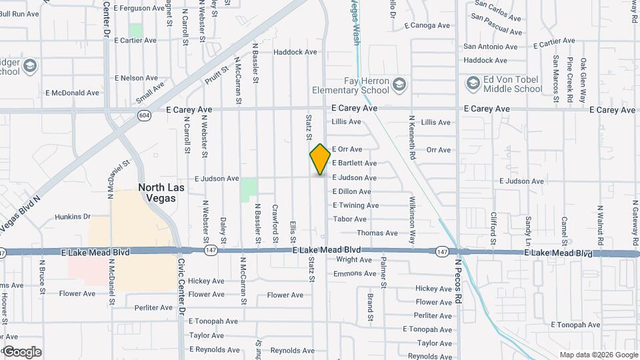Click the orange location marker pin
tap(320, 159)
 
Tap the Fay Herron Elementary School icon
tap(398, 83)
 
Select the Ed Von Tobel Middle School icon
tap(473, 83)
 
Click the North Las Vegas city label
tap(161, 193)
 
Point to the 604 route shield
tap(143, 115)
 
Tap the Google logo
tap(22, 352)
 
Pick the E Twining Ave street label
tap(355, 205)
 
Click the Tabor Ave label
tap(350, 219)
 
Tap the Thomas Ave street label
tap(377, 233)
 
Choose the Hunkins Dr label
tap(72, 217)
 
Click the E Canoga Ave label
tap(427, 26)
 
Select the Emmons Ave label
tap(355, 274)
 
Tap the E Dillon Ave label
tap(351, 192)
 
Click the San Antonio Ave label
tap(490, 47)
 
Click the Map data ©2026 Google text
tap(599, 355)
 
